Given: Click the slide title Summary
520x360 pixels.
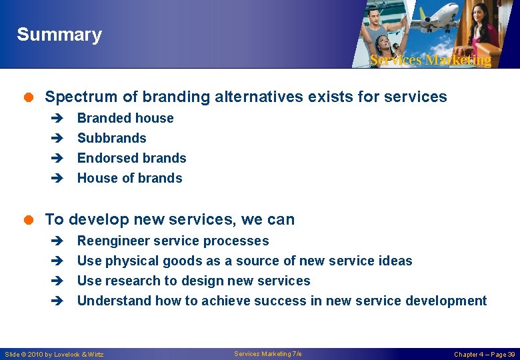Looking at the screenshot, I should click(59, 35).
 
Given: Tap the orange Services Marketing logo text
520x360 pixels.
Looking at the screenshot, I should click(430, 60).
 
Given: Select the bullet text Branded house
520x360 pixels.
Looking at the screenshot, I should click(125, 118).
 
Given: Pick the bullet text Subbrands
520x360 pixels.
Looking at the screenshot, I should click(111, 138).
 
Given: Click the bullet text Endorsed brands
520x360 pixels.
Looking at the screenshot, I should click(131, 158).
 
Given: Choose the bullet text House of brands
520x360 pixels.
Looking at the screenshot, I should click(129, 178).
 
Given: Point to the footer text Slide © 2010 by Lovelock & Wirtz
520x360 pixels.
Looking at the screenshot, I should click(54, 354).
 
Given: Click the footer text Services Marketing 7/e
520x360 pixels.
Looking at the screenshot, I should click(267, 354).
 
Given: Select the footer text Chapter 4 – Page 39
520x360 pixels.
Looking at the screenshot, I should click(484, 354).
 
